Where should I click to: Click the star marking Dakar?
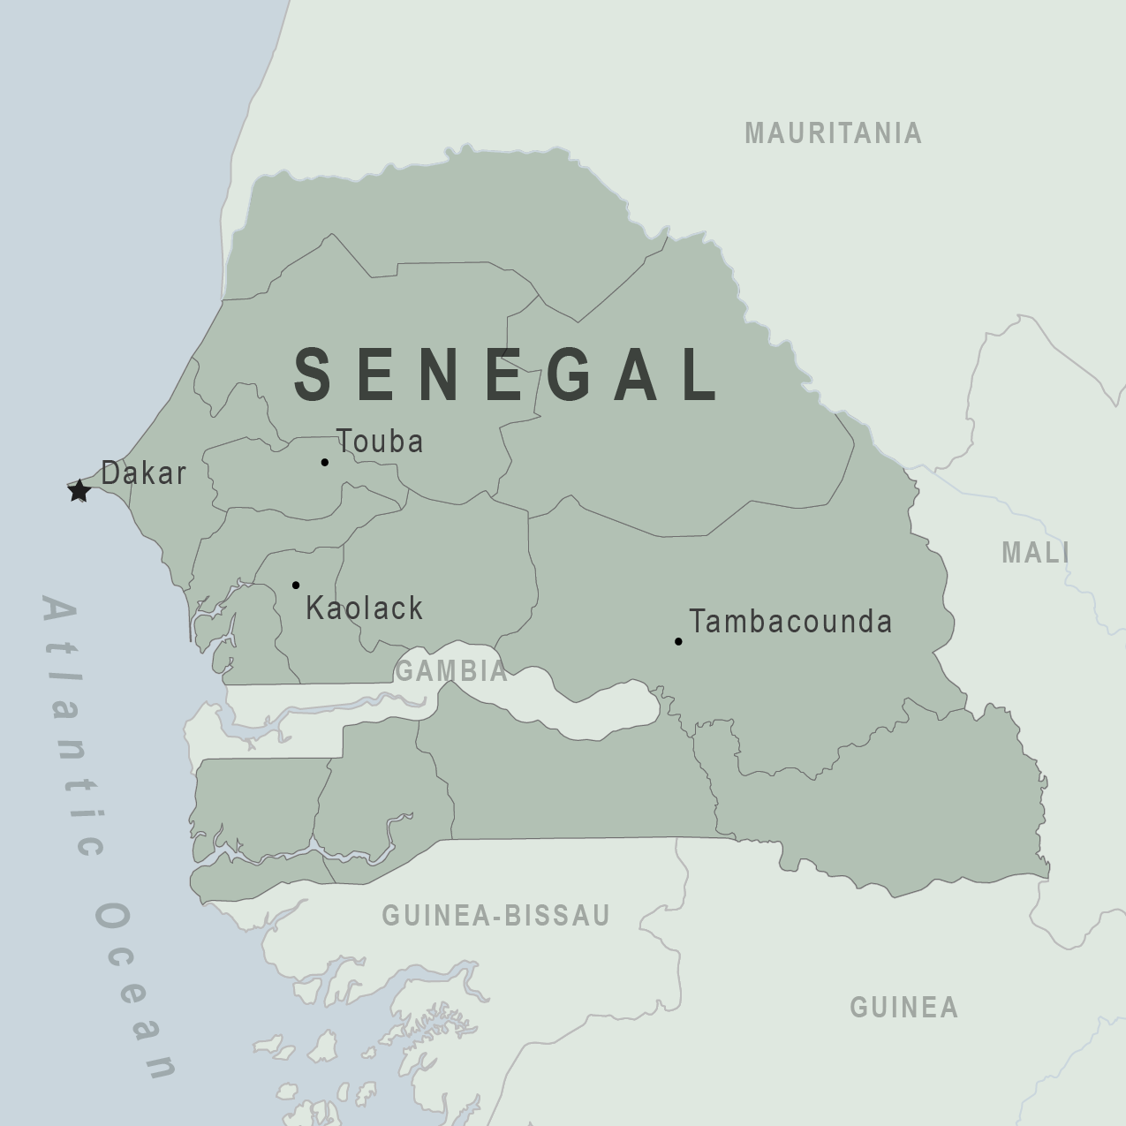click(x=79, y=490)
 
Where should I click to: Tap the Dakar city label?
click(x=144, y=473)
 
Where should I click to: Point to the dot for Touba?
click(x=325, y=462)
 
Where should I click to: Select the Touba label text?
click(x=380, y=442)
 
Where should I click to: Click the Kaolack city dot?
click(x=296, y=585)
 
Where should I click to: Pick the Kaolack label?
click(x=364, y=608)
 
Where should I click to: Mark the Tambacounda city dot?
click(x=678, y=641)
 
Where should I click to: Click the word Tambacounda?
click(x=790, y=622)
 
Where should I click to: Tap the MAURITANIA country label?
click(x=833, y=133)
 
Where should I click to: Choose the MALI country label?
click(x=1036, y=553)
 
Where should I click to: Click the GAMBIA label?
click(x=451, y=671)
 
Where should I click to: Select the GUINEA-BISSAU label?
click(x=495, y=916)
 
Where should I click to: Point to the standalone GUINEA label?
click(x=903, y=1008)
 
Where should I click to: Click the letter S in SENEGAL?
click(x=313, y=374)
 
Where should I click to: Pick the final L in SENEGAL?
click(x=702, y=374)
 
